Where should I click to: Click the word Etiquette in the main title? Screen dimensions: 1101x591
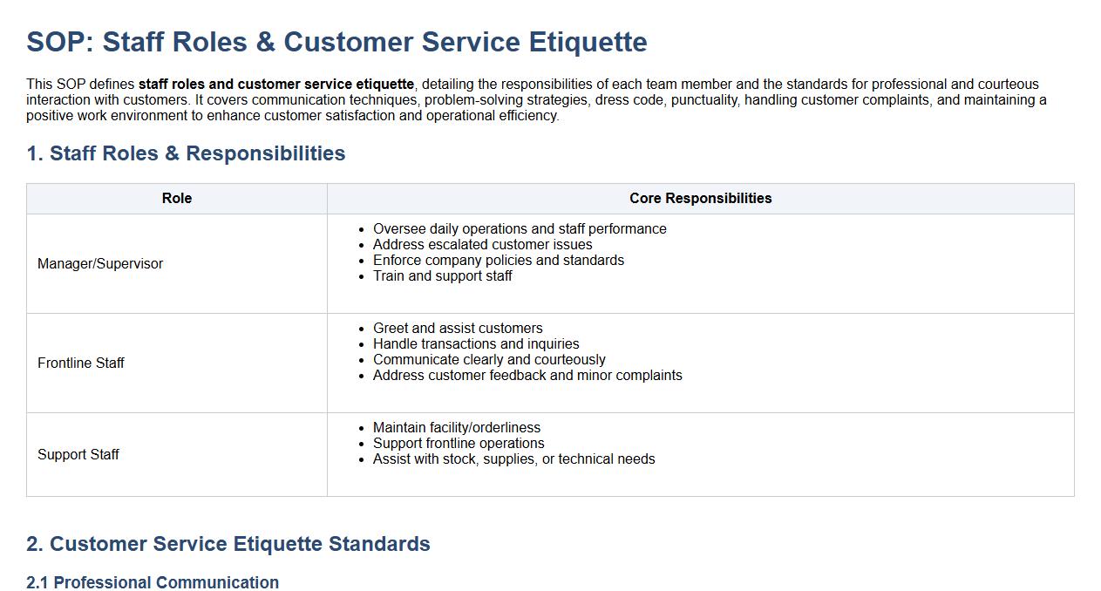(x=588, y=43)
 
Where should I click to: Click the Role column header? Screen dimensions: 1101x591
(x=177, y=198)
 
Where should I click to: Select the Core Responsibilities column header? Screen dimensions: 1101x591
(x=700, y=198)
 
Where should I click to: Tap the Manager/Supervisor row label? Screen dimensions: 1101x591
(x=100, y=264)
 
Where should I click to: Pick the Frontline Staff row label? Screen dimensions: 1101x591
(x=81, y=363)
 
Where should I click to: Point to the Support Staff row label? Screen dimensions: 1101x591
(x=78, y=454)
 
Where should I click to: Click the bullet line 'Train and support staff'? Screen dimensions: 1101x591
(x=442, y=276)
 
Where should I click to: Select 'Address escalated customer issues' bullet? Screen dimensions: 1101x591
(x=483, y=245)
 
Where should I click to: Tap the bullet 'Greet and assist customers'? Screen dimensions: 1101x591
(x=458, y=329)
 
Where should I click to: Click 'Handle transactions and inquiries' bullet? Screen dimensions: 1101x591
(x=476, y=344)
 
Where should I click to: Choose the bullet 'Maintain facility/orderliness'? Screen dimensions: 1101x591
(x=457, y=428)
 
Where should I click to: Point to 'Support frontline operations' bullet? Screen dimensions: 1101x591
(x=459, y=444)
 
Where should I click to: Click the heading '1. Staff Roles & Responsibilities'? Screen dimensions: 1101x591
(x=186, y=153)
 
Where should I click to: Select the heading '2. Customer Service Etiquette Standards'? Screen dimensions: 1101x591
(x=228, y=544)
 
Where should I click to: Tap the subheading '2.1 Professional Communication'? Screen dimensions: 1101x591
(x=153, y=582)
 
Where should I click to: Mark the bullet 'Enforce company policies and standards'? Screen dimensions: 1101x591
(x=499, y=261)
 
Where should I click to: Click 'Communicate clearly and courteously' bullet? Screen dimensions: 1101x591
(x=489, y=360)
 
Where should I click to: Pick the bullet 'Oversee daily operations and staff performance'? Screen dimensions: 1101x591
(x=520, y=229)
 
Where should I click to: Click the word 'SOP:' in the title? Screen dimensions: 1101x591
(x=60, y=43)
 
